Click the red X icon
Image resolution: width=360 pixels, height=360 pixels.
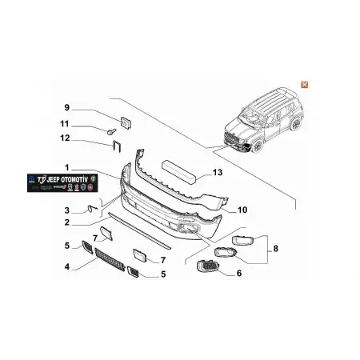point(304,84)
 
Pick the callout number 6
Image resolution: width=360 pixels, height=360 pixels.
point(238,273)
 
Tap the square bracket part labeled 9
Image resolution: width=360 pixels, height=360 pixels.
point(125,121)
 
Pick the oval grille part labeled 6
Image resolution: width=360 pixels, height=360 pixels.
point(206,268)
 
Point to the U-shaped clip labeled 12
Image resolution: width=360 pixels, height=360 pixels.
point(116,146)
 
